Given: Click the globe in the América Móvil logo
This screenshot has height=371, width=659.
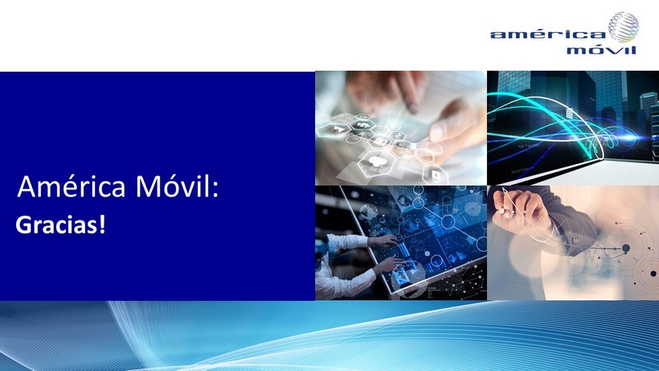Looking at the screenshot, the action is [624, 27].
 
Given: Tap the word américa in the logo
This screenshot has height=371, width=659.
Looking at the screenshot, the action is [547, 35].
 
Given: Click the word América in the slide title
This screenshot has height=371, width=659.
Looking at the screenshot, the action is [72, 186].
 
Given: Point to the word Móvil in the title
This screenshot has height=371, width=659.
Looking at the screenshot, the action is [172, 186].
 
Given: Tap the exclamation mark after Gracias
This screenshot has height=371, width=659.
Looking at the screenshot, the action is [102, 225].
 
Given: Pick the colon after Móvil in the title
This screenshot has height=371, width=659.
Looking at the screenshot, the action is [215, 189].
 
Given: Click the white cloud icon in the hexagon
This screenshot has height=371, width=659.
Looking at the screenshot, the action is [377, 163].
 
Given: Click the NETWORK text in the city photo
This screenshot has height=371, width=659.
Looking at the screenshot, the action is [529, 146].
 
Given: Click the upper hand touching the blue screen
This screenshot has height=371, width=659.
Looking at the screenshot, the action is [383, 241].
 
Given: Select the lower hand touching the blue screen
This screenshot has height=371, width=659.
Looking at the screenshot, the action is [389, 266].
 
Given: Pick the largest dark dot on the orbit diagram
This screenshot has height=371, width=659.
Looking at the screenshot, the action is [626, 249].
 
